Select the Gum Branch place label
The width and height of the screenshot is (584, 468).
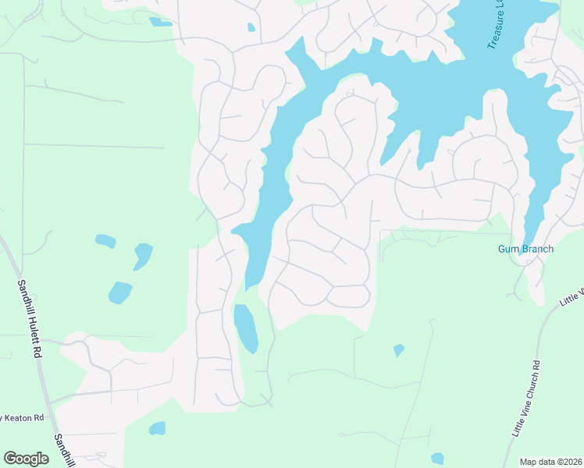(x=525, y=250)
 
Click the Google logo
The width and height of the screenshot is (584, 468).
(x=26, y=459)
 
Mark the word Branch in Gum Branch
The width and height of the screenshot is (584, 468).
(x=537, y=250)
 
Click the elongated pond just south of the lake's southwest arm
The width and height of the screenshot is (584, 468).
(x=245, y=328)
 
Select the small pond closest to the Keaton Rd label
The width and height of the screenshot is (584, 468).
(x=157, y=428)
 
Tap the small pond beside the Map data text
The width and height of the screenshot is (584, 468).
(x=437, y=459)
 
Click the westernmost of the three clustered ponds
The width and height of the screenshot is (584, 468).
(x=105, y=241)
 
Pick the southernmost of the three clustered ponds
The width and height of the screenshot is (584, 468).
(x=119, y=292)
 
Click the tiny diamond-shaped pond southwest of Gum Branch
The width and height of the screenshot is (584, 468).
(x=399, y=350)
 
